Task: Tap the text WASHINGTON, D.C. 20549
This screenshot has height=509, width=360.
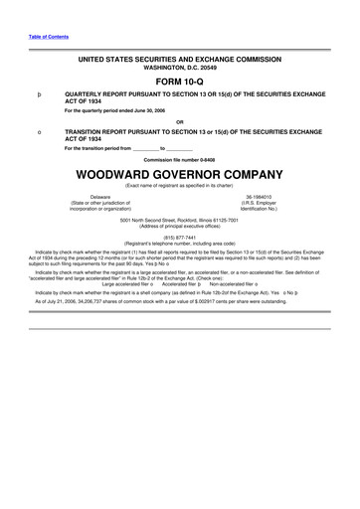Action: click(x=180, y=68)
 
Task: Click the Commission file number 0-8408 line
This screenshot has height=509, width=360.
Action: click(x=180, y=159)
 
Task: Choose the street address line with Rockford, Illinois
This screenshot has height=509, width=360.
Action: click(x=180, y=220)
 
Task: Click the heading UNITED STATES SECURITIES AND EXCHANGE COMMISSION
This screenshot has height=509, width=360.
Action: click(x=180, y=59)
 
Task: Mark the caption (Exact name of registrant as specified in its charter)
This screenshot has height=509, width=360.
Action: click(x=180, y=184)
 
